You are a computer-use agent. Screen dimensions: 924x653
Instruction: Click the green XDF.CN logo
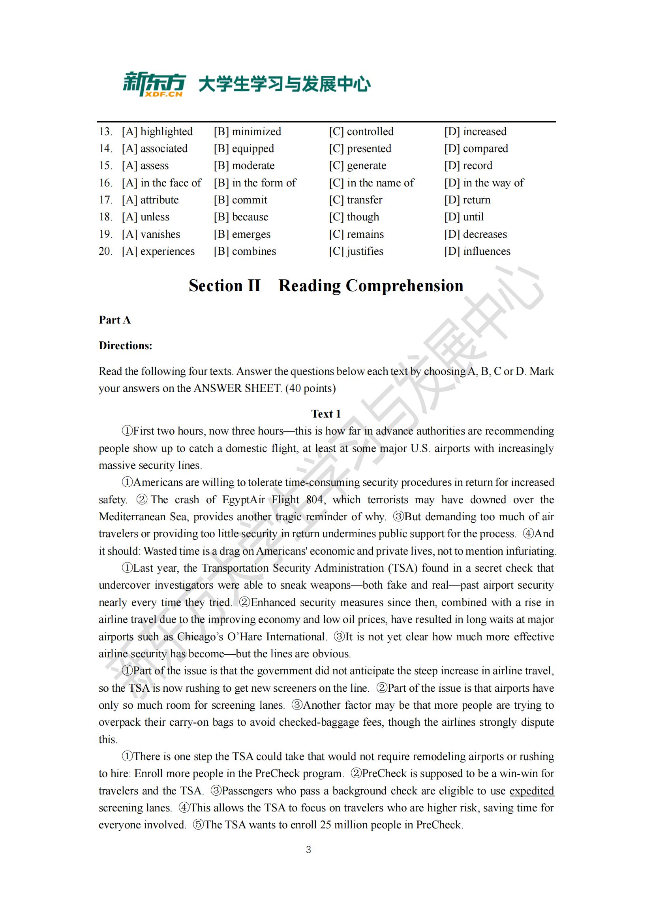click(x=154, y=84)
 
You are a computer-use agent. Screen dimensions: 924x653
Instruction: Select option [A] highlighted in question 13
click(x=157, y=132)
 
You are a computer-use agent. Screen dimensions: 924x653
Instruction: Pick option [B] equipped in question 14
click(x=244, y=149)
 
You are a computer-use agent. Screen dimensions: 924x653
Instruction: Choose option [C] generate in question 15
click(x=357, y=166)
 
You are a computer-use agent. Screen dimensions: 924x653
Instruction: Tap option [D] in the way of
click(x=484, y=183)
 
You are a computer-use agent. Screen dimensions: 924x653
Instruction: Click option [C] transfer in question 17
click(x=355, y=200)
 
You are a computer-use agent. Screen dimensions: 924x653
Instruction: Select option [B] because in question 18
click(x=241, y=217)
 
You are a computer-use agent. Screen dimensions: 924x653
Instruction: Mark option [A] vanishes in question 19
click(x=151, y=234)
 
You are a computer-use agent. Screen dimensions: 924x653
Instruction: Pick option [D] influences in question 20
click(x=477, y=251)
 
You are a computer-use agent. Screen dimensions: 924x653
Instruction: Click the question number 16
click(x=105, y=183)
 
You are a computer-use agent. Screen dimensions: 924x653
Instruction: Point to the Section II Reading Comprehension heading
click(x=326, y=286)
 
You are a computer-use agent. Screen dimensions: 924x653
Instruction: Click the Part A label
click(x=114, y=320)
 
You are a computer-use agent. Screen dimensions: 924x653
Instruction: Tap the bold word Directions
click(x=126, y=346)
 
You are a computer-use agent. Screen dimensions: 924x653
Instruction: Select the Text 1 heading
click(x=326, y=414)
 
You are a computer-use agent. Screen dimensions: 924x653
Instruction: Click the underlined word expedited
click(x=531, y=791)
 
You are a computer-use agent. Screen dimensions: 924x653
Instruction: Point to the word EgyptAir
click(x=244, y=500)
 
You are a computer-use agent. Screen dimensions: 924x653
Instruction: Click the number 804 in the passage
click(x=315, y=500)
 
